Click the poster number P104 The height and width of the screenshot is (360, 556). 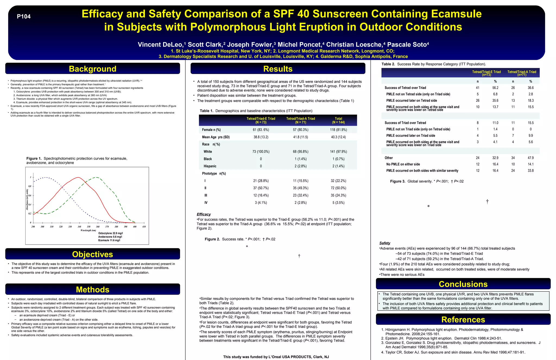[24, 17]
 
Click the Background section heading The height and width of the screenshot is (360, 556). [93, 69]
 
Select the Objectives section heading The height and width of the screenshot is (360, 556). [93, 254]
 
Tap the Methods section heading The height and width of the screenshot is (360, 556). [93, 290]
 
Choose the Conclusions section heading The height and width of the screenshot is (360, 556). [463, 284]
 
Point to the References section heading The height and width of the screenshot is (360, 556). [463, 320]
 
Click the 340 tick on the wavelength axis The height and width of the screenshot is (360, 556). [79, 227]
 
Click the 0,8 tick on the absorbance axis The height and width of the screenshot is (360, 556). [30, 186]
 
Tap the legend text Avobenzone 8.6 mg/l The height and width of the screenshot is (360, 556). [110, 237]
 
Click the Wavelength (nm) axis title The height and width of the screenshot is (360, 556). [88, 230]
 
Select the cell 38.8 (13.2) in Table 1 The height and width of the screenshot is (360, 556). [261, 137]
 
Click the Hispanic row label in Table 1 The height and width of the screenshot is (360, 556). [210, 166]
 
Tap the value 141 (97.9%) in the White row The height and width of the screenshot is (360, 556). [338, 152]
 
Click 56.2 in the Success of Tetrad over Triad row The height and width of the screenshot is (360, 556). [495, 88]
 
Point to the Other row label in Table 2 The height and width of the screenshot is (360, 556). [388, 158]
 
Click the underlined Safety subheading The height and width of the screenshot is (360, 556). [385, 243]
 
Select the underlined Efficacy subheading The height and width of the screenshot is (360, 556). [204, 214]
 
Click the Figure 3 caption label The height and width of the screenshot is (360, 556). [397, 181]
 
